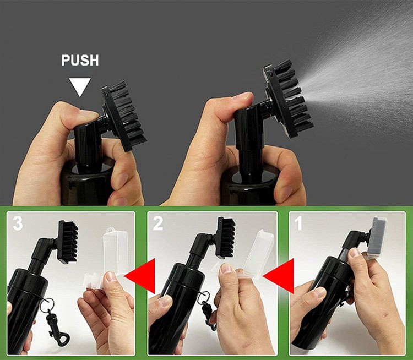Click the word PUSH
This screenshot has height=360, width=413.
[80, 61]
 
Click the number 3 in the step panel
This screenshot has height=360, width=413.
[18, 223]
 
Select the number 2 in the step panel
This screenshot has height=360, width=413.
[158, 223]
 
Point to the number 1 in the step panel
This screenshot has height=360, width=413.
[298, 223]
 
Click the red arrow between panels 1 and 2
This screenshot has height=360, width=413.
[280, 276]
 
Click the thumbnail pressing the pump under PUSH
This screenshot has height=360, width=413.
[88, 114]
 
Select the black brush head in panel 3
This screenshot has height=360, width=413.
[68, 241]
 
